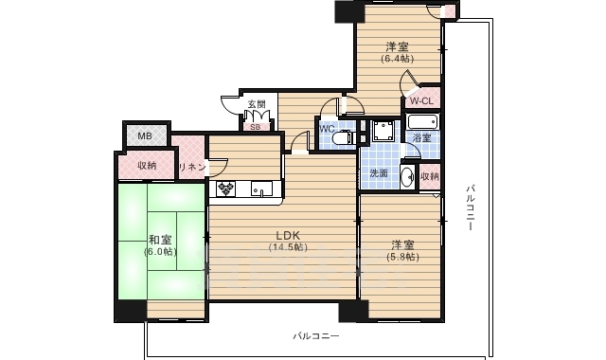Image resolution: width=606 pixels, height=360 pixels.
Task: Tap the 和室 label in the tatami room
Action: (160, 240)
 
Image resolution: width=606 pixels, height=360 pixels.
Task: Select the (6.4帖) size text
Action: (397, 58)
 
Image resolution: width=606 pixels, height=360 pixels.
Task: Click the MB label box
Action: (145, 136)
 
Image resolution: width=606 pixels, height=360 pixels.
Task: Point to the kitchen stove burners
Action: (224, 189)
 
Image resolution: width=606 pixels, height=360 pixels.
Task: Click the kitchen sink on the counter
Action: (259, 190)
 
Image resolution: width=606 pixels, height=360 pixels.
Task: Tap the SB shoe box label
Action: (255, 125)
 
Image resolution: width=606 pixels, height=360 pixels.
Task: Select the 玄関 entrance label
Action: (257, 104)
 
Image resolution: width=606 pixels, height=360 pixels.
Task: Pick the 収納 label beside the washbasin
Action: (430, 176)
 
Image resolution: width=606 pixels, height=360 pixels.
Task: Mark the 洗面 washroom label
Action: (379, 174)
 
